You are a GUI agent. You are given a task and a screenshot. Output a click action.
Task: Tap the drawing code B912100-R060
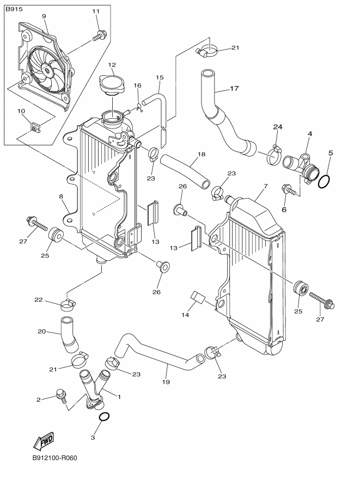coord(54,457)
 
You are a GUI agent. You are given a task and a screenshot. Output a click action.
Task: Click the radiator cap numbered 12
coord(112,86)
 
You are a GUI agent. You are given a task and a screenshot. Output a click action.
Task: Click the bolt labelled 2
coord(61,396)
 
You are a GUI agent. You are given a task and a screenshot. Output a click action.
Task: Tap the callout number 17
coord(234,88)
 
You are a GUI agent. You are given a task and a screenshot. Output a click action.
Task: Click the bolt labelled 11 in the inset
coord(99,36)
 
